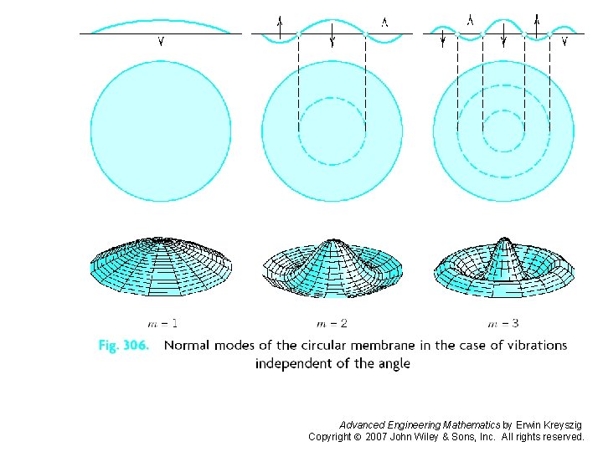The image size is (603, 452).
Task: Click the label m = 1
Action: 162,323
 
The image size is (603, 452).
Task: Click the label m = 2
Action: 332,323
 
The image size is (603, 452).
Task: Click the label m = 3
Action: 502,323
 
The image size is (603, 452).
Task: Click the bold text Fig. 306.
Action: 122,346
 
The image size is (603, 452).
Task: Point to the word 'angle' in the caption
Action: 391,364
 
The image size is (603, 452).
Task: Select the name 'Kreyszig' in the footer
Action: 560,425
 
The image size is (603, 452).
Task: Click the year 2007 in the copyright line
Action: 377,437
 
